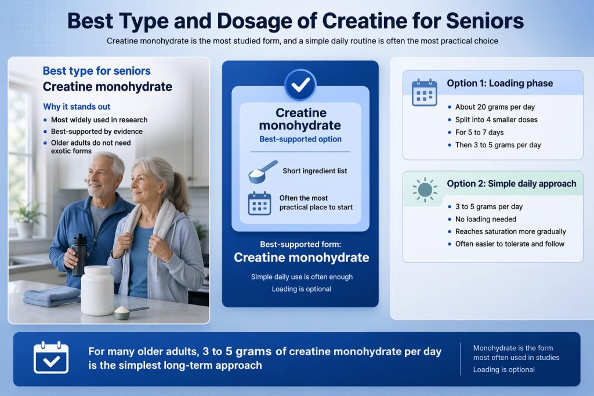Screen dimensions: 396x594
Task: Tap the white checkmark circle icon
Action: [x=300, y=86]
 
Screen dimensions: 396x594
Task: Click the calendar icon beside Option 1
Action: [x=424, y=93]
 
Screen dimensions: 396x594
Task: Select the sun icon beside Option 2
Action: [x=424, y=190]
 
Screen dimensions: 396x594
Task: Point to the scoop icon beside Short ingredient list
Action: [x=262, y=172]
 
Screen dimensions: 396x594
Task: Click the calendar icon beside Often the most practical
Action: [x=259, y=204]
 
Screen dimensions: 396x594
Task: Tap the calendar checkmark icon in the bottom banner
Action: [x=51, y=358]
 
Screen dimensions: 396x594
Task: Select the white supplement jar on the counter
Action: [x=97, y=290]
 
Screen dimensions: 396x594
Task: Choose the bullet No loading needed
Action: [x=486, y=219]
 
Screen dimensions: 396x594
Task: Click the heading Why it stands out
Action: [x=77, y=107]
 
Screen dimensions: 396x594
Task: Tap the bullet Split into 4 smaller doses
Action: [x=496, y=120]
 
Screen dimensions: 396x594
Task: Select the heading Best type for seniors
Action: [x=96, y=71]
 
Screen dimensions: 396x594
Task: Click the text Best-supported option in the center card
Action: [x=300, y=139]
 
